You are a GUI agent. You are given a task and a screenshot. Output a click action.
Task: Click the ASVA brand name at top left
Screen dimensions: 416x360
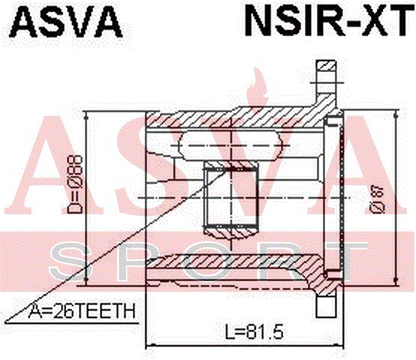point(66,21)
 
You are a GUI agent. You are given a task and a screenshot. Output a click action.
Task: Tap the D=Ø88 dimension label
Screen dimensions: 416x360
point(75,184)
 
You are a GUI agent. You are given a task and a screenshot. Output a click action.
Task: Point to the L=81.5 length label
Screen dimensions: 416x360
point(255,331)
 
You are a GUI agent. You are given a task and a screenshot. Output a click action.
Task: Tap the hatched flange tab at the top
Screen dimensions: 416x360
point(327,76)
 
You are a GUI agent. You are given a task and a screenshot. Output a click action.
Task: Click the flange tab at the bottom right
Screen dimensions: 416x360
point(326,307)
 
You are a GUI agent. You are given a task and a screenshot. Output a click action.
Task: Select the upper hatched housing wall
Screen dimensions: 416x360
point(239,118)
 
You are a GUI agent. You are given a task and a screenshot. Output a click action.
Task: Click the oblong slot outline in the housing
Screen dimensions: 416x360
point(230,145)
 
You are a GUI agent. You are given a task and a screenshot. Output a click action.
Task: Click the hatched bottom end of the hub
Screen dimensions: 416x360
point(231,232)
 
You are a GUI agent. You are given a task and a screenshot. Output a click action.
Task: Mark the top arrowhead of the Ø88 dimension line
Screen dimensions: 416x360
point(86,115)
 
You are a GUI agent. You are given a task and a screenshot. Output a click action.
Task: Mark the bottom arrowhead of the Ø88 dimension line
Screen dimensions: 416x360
point(86,280)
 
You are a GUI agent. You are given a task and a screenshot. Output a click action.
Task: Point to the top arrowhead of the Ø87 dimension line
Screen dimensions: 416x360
point(396,115)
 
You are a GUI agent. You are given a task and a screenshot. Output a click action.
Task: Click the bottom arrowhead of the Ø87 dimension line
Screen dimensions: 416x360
point(396,280)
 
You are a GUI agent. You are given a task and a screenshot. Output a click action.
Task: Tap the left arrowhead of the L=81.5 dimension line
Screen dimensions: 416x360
point(151,345)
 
